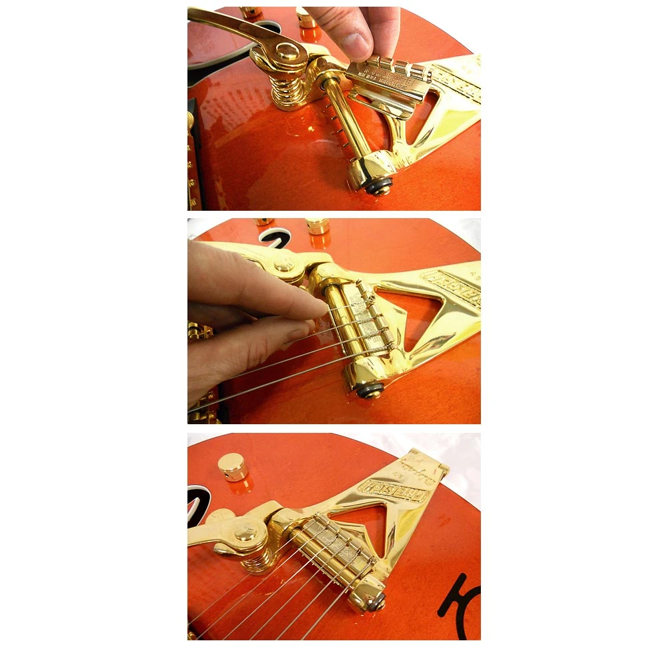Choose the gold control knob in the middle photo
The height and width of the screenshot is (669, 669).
[317, 225]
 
